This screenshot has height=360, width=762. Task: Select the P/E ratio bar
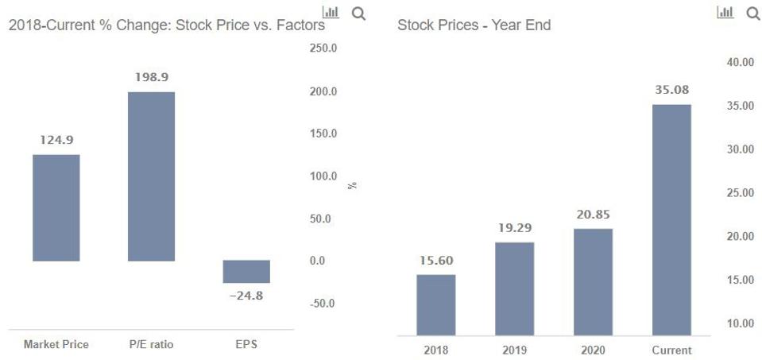coord(151,176)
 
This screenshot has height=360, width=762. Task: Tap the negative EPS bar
coord(246,271)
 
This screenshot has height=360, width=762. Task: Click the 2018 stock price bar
coord(435,304)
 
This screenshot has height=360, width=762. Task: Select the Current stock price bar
coord(671,219)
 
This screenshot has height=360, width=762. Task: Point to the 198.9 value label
coord(152,78)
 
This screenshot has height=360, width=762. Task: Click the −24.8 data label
coord(246,296)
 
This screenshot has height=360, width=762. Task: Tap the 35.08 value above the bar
coord(671,90)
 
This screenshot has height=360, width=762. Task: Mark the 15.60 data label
coord(435,260)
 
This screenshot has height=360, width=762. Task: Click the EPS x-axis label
coord(246,344)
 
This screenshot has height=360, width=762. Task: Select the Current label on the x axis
coord(671,350)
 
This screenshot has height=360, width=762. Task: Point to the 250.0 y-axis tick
coord(323,48)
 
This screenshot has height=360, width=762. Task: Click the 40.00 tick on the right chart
coord(740,62)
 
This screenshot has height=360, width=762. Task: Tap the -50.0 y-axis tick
coord(323,303)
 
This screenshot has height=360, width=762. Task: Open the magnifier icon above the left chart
coord(358,13)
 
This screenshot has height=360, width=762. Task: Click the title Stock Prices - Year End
coord(474,25)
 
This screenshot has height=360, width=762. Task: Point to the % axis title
coord(352,185)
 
